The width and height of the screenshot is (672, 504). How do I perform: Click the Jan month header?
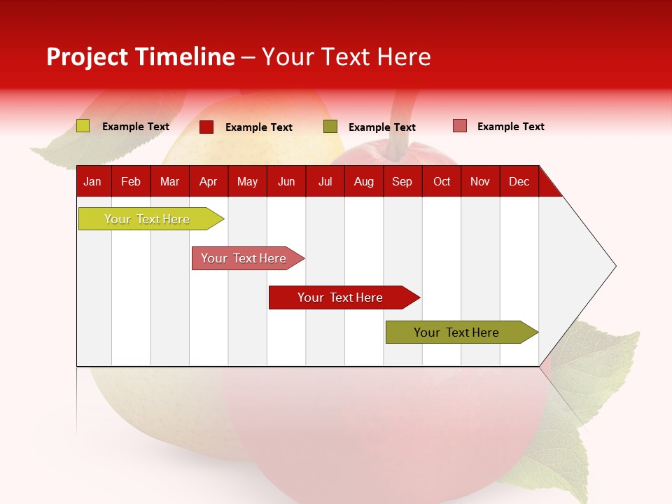(x=92, y=181)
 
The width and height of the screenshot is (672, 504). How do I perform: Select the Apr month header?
(x=208, y=181)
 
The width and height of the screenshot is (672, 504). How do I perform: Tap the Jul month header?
(x=325, y=181)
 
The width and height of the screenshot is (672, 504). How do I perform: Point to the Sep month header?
(x=402, y=181)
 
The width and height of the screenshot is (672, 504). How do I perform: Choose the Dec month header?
(x=519, y=181)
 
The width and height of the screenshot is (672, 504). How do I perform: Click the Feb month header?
(x=131, y=181)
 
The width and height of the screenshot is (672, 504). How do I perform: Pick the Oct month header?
(x=442, y=181)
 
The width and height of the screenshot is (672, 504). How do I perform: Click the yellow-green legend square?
(x=83, y=126)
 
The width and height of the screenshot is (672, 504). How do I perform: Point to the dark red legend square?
(x=206, y=127)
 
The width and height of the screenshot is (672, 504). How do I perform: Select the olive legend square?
(x=330, y=127)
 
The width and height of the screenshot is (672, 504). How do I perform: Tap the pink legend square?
(x=459, y=126)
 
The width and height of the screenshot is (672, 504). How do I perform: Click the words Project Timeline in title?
(x=141, y=57)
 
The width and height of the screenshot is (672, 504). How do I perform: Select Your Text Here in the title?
(x=346, y=57)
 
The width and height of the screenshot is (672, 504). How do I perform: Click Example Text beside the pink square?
(x=510, y=127)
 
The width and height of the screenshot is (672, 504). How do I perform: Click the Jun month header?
(x=286, y=181)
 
